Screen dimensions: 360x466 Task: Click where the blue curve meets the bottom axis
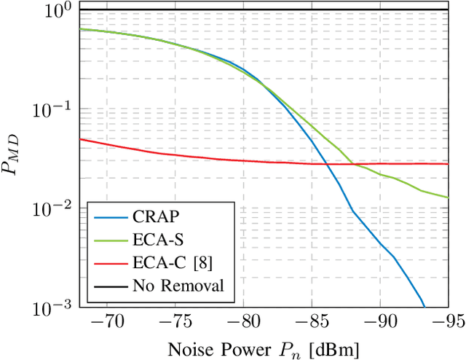click(424, 307)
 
